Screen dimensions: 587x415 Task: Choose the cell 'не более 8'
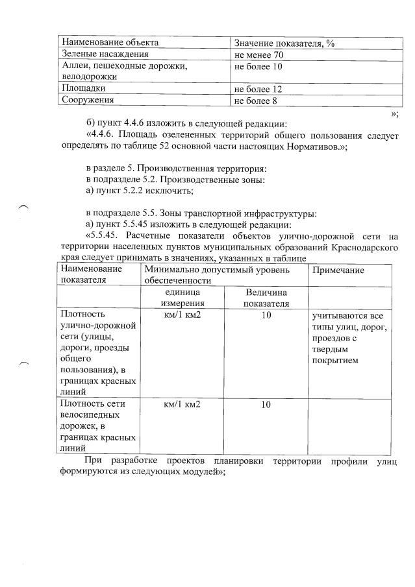click(256, 100)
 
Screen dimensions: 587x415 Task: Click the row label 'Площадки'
click(84, 88)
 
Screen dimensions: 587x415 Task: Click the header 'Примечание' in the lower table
click(338, 270)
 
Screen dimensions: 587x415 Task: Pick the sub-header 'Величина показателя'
click(266, 298)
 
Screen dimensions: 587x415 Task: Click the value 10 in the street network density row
click(266, 315)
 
